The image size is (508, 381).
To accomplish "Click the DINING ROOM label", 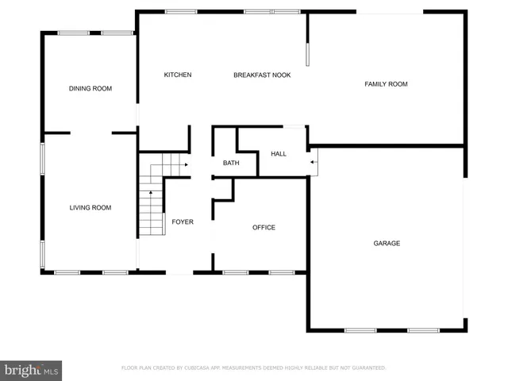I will pyautogui.click(x=90, y=89).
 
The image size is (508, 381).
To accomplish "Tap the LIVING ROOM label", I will pyautogui.click(x=90, y=208).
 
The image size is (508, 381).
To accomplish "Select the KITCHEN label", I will pyautogui.click(x=178, y=75).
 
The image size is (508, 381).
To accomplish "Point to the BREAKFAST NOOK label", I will pyautogui.click(x=262, y=75).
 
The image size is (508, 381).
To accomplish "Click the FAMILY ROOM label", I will pyautogui.click(x=386, y=84).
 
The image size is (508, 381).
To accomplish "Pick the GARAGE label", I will pyautogui.click(x=387, y=243).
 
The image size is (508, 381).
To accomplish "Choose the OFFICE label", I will pyautogui.click(x=264, y=228).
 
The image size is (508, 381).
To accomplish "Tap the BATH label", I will pyautogui.click(x=231, y=164).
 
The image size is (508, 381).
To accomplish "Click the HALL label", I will pyautogui.click(x=279, y=154).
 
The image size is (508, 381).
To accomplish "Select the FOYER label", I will pyautogui.click(x=183, y=222).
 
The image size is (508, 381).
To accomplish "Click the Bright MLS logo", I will pyautogui.click(x=31, y=371).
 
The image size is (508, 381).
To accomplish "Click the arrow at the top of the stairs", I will pyautogui.click(x=184, y=164).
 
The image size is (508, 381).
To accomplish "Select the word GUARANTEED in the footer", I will pyautogui.click(x=367, y=368).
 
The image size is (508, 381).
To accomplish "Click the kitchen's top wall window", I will pyautogui.click(x=181, y=12).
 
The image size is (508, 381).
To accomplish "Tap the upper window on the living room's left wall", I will pyautogui.click(x=43, y=156).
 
